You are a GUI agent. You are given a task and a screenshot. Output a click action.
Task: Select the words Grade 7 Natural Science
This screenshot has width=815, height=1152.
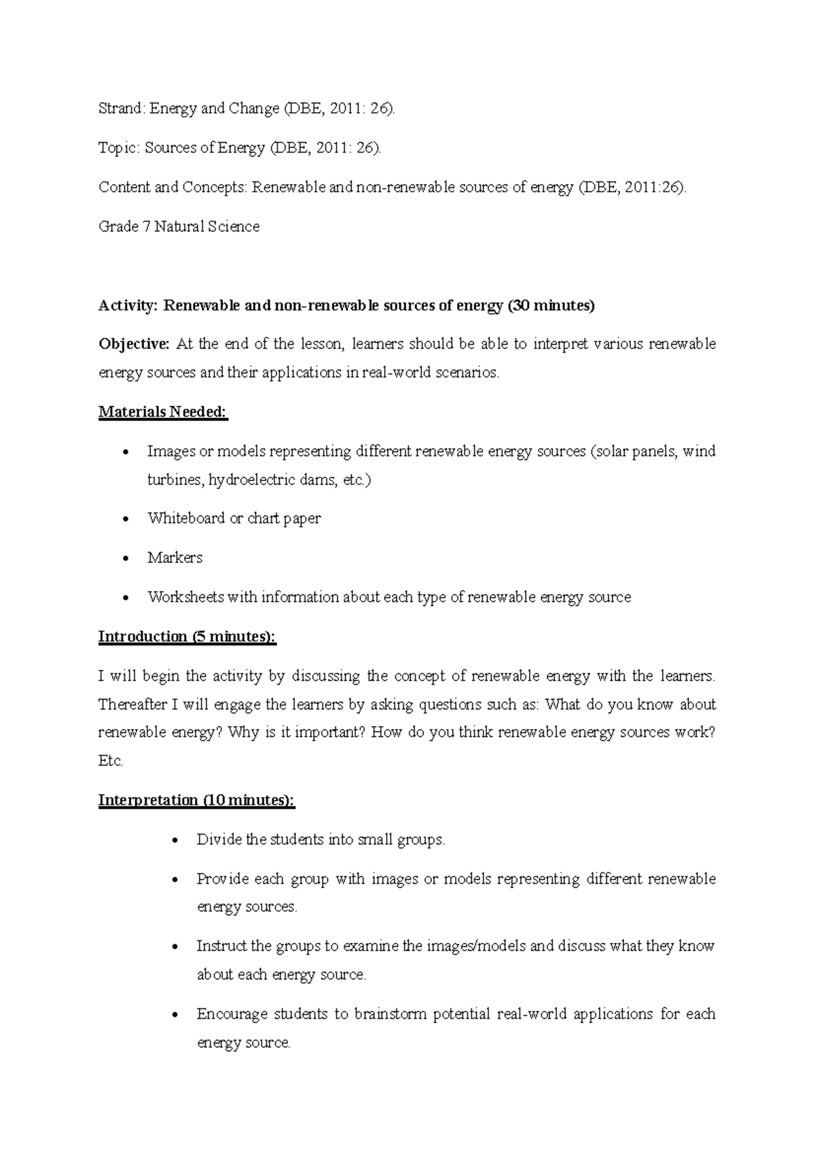click(179, 227)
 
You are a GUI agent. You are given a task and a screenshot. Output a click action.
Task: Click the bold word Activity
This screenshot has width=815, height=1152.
click(127, 306)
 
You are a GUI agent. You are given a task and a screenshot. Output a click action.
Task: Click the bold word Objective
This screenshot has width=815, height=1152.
click(134, 344)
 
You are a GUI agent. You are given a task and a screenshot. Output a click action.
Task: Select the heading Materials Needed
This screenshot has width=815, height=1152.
click(163, 412)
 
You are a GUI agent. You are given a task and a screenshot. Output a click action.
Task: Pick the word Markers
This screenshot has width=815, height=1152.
click(175, 558)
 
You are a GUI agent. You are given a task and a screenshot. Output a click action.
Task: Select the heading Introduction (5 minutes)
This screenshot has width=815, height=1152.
click(187, 637)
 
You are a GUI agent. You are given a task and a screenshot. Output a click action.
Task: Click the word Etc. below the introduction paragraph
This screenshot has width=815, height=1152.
click(111, 761)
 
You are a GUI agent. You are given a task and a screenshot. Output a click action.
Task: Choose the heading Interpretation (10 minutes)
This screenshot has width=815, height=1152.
click(197, 801)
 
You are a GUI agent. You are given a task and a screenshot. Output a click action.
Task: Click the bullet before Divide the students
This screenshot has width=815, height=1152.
click(176, 841)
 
